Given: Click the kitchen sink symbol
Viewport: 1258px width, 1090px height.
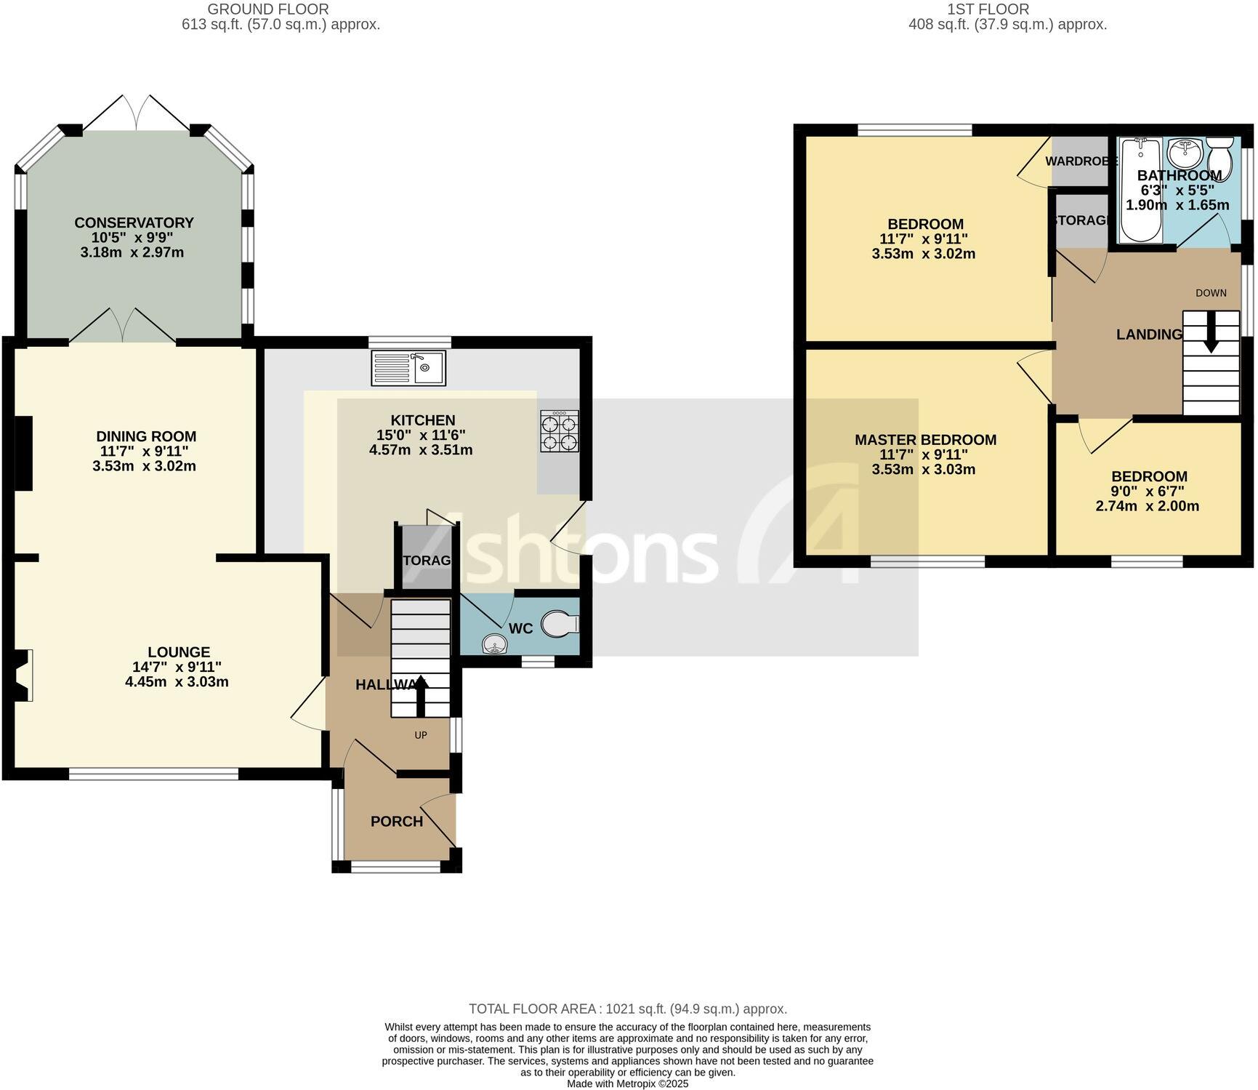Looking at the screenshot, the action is (x=408, y=368).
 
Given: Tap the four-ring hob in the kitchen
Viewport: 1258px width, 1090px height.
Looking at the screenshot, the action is (x=560, y=432).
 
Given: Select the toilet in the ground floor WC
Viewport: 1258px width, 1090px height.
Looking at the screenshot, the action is (x=560, y=624).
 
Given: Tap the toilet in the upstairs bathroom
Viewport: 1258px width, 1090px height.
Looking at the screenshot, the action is (x=1219, y=157).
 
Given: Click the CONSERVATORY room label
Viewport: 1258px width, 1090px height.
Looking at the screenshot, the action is (x=134, y=223).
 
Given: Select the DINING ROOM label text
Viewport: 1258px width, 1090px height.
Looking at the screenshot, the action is (x=146, y=436).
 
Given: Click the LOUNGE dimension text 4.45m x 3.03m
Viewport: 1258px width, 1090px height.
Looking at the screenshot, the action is (x=177, y=681).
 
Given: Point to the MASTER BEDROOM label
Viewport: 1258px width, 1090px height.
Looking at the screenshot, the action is (x=925, y=439).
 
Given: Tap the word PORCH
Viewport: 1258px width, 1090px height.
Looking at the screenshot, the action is (x=397, y=821).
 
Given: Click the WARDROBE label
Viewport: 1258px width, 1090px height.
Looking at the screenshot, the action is (x=1081, y=161).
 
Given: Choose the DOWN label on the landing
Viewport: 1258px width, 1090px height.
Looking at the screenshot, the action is (x=1211, y=293).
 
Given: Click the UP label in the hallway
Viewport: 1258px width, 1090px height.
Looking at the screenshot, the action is (x=421, y=735).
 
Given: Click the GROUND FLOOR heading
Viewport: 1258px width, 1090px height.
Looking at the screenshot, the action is (x=268, y=9).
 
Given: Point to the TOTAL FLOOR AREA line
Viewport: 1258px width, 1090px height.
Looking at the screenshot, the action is (x=628, y=1009).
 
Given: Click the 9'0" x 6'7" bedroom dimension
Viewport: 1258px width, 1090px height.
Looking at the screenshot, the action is (x=1148, y=492).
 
